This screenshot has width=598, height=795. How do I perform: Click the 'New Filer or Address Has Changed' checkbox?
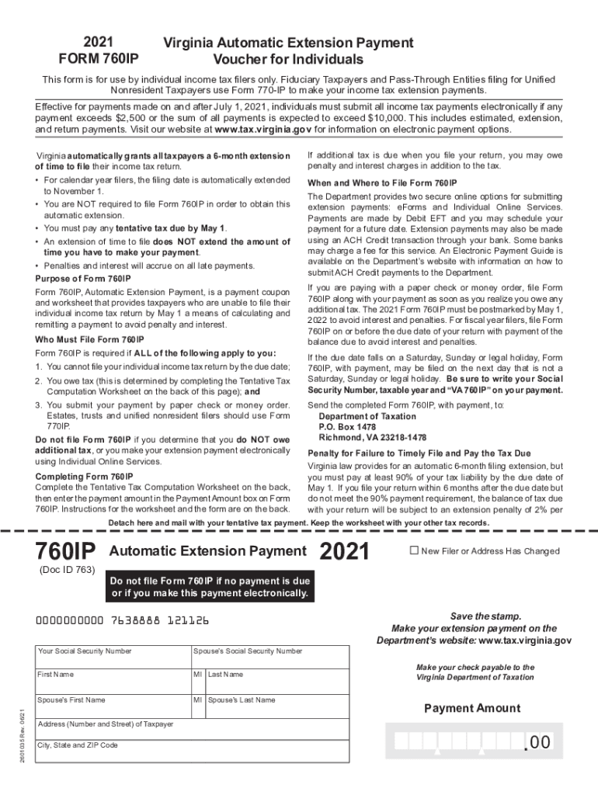[414, 550]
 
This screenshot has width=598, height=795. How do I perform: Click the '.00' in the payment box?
[537, 743]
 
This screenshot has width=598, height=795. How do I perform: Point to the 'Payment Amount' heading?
[472, 708]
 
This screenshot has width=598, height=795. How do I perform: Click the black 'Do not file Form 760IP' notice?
[210, 588]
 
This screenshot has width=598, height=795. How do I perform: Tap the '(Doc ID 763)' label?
[67, 570]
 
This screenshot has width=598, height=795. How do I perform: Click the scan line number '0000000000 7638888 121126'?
[123, 621]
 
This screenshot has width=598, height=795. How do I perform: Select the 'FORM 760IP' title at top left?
[99, 59]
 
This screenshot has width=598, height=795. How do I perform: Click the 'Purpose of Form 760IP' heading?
[83, 278]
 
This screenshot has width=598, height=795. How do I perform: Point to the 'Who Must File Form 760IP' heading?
[90, 340]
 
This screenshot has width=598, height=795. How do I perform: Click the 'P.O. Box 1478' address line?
[347, 426]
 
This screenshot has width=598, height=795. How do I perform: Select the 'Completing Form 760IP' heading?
[84, 476]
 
